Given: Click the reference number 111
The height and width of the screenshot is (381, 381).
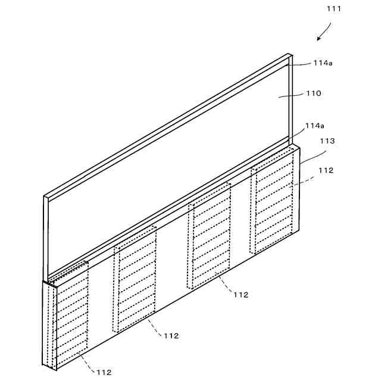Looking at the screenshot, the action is pyautogui.click(x=335, y=8).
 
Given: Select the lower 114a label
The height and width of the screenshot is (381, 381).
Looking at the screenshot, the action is pyautogui.click(x=314, y=126).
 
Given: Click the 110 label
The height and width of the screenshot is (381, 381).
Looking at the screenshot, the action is pyautogui.click(x=314, y=93).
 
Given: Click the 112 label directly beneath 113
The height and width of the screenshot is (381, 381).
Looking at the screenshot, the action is pyautogui.click(x=326, y=170).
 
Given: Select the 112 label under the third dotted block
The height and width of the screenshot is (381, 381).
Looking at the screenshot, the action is pyautogui.click(x=241, y=295).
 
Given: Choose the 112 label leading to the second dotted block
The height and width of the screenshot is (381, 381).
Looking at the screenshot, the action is pyautogui.click(x=171, y=336).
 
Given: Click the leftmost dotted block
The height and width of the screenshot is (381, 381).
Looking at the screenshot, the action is pyautogui.click(x=71, y=316).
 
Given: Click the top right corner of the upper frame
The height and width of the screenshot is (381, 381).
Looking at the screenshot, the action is pyautogui.click(x=291, y=55).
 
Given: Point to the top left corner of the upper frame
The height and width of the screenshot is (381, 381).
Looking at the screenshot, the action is pyautogui.click(x=45, y=196).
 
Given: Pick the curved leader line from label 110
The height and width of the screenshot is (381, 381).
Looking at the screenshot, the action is pyautogui.click(x=292, y=95).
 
